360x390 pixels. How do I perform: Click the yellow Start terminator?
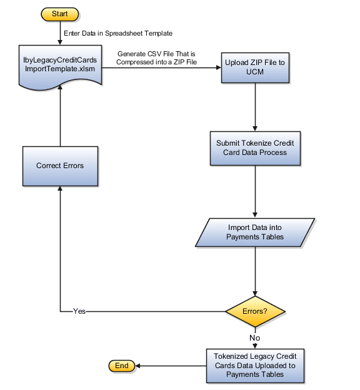pos(60,14)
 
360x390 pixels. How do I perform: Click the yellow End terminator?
pos(121,365)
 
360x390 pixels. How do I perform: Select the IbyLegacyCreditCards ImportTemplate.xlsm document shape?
pos(60,64)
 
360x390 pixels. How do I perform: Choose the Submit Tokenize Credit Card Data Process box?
pos(255,147)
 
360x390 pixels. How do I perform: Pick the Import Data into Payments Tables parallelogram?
pos(255,232)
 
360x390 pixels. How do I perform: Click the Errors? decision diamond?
pos(255,311)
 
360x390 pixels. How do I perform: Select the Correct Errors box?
pos(60,166)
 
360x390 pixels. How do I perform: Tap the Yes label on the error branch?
pos(79,311)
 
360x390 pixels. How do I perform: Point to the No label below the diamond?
pos(255,337)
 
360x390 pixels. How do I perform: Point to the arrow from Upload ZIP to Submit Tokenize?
pos(255,106)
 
